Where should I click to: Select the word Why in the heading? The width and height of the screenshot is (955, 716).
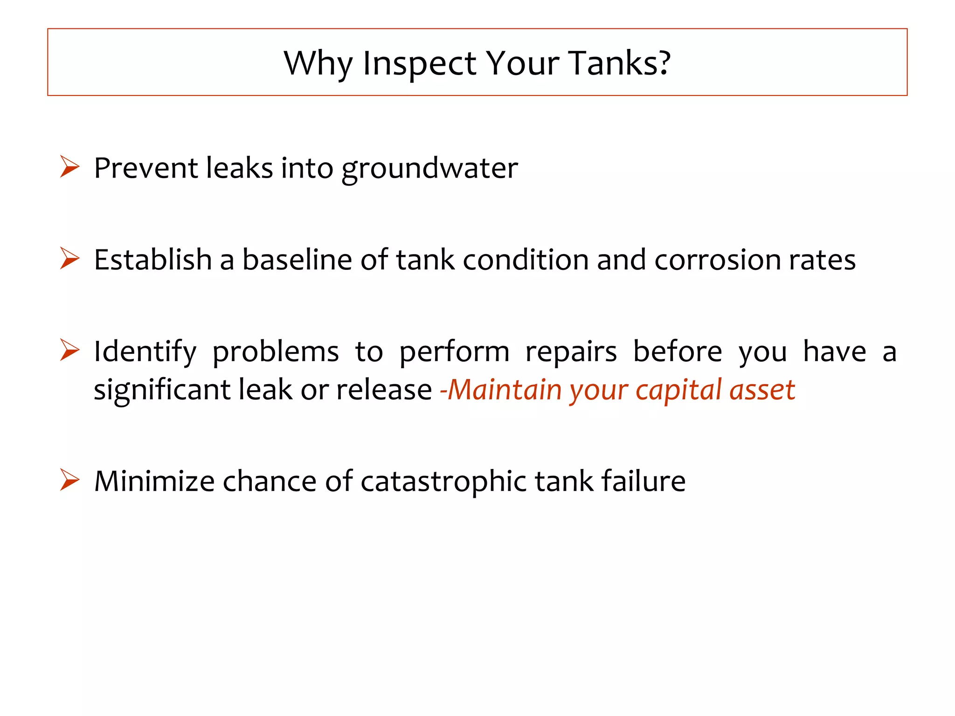click(318, 63)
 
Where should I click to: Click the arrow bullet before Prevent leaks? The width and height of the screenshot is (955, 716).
click(70, 167)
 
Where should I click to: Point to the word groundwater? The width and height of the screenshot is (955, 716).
click(429, 168)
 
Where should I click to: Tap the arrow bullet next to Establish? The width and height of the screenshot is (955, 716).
click(70, 258)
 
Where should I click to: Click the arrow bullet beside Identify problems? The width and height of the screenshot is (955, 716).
click(70, 350)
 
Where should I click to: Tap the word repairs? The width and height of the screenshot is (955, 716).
click(571, 352)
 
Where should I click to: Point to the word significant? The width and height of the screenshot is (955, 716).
click(162, 390)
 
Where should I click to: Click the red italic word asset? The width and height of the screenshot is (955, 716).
click(762, 391)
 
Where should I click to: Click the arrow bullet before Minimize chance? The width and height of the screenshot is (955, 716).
click(70, 480)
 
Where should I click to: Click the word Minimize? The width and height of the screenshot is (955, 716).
click(154, 481)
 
